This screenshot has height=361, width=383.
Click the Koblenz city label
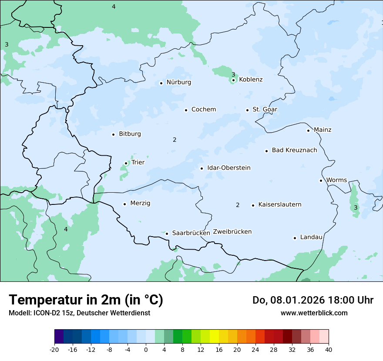tap(251, 80)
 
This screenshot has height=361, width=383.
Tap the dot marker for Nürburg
tap(161, 83)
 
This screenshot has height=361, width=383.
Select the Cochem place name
tap(204, 110)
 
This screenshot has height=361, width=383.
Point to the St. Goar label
tap(265, 110)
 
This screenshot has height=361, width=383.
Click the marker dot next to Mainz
tap(308, 130)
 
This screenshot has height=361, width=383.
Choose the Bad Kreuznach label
tap(294, 150)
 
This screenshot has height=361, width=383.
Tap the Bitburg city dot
tap(113, 134)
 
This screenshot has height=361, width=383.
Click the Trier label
tap(138, 163)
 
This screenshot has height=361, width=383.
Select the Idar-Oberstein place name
tap(229, 168)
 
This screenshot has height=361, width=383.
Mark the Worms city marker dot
tap(321, 180)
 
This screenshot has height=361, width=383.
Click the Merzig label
tap(140, 204)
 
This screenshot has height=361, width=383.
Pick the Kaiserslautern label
tap(280, 205)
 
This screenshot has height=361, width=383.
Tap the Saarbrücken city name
tap(191, 233)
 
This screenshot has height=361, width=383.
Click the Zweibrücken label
tap(232, 232)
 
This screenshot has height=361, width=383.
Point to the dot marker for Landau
tap(295, 238)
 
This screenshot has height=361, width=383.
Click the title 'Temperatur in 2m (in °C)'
tap(86, 300)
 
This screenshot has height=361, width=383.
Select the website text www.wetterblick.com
tap(314, 313)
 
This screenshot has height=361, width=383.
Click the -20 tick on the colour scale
tap(54, 350)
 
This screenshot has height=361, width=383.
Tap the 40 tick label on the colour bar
tap(329, 350)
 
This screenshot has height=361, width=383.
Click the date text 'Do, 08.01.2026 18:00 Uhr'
tap(312, 301)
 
